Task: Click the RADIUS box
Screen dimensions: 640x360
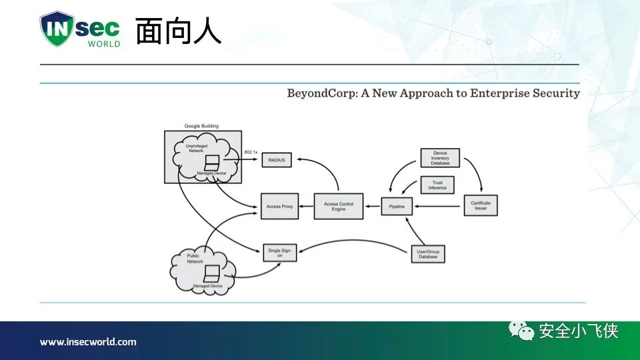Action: [x=276, y=160]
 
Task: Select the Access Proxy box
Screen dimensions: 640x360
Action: [x=279, y=207]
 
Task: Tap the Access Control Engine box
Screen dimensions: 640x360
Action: [x=339, y=206]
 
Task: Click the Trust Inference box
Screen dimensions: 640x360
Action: [x=437, y=185]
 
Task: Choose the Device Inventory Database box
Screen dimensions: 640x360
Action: [x=440, y=158]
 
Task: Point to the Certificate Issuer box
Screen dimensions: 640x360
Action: [x=481, y=206]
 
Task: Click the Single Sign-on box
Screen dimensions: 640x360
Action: [x=279, y=252]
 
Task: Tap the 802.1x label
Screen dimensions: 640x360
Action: [x=251, y=153]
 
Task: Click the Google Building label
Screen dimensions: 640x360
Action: [x=201, y=126]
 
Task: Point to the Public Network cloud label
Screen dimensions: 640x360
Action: [x=195, y=259]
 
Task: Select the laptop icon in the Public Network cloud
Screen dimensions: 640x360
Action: [x=213, y=273]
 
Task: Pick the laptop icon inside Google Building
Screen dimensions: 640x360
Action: [x=212, y=163]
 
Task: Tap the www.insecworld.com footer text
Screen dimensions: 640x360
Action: [x=88, y=342]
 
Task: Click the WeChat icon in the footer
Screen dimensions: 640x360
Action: [x=522, y=330]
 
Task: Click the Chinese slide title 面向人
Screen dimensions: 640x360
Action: [x=178, y=31]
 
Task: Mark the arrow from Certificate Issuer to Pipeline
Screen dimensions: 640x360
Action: [x=439, y=207]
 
